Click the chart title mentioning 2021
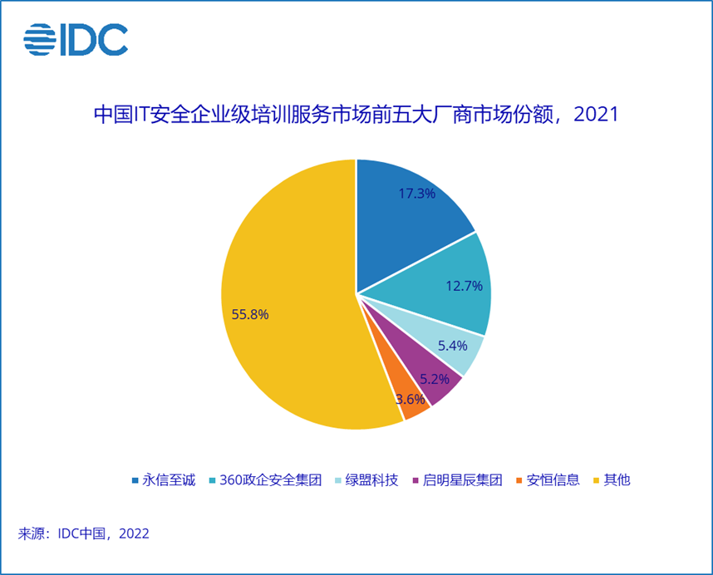356,114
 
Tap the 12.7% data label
464,287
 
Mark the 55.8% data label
251,315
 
